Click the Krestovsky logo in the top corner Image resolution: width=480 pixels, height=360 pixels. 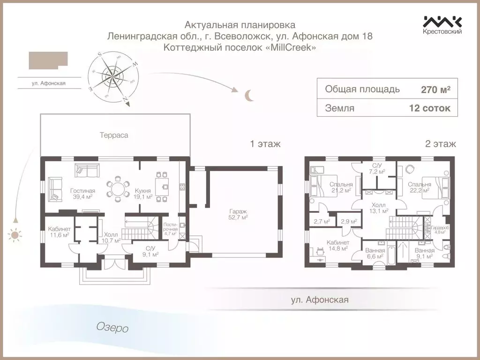point(442,25)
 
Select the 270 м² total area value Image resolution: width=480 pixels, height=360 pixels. point(435,90)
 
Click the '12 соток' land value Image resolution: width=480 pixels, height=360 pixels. point(430,108)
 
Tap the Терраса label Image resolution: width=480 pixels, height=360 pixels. point(113,135)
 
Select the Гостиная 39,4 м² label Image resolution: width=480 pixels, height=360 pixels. point(82,194)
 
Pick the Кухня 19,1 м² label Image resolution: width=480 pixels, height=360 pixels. point(143,194)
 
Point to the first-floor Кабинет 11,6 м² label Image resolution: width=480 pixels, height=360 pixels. point(59,232)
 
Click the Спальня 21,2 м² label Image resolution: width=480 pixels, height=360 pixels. point(341,187)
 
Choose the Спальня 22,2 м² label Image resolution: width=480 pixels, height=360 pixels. point(419,187)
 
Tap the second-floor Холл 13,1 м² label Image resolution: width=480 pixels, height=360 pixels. point(379,208)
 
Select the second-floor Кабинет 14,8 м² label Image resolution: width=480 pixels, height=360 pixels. point(337,245)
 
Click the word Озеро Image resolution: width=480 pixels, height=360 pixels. point(112,328)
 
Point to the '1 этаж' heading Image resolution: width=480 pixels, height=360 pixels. point(265,144)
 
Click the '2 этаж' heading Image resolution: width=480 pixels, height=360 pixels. point(440,144)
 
